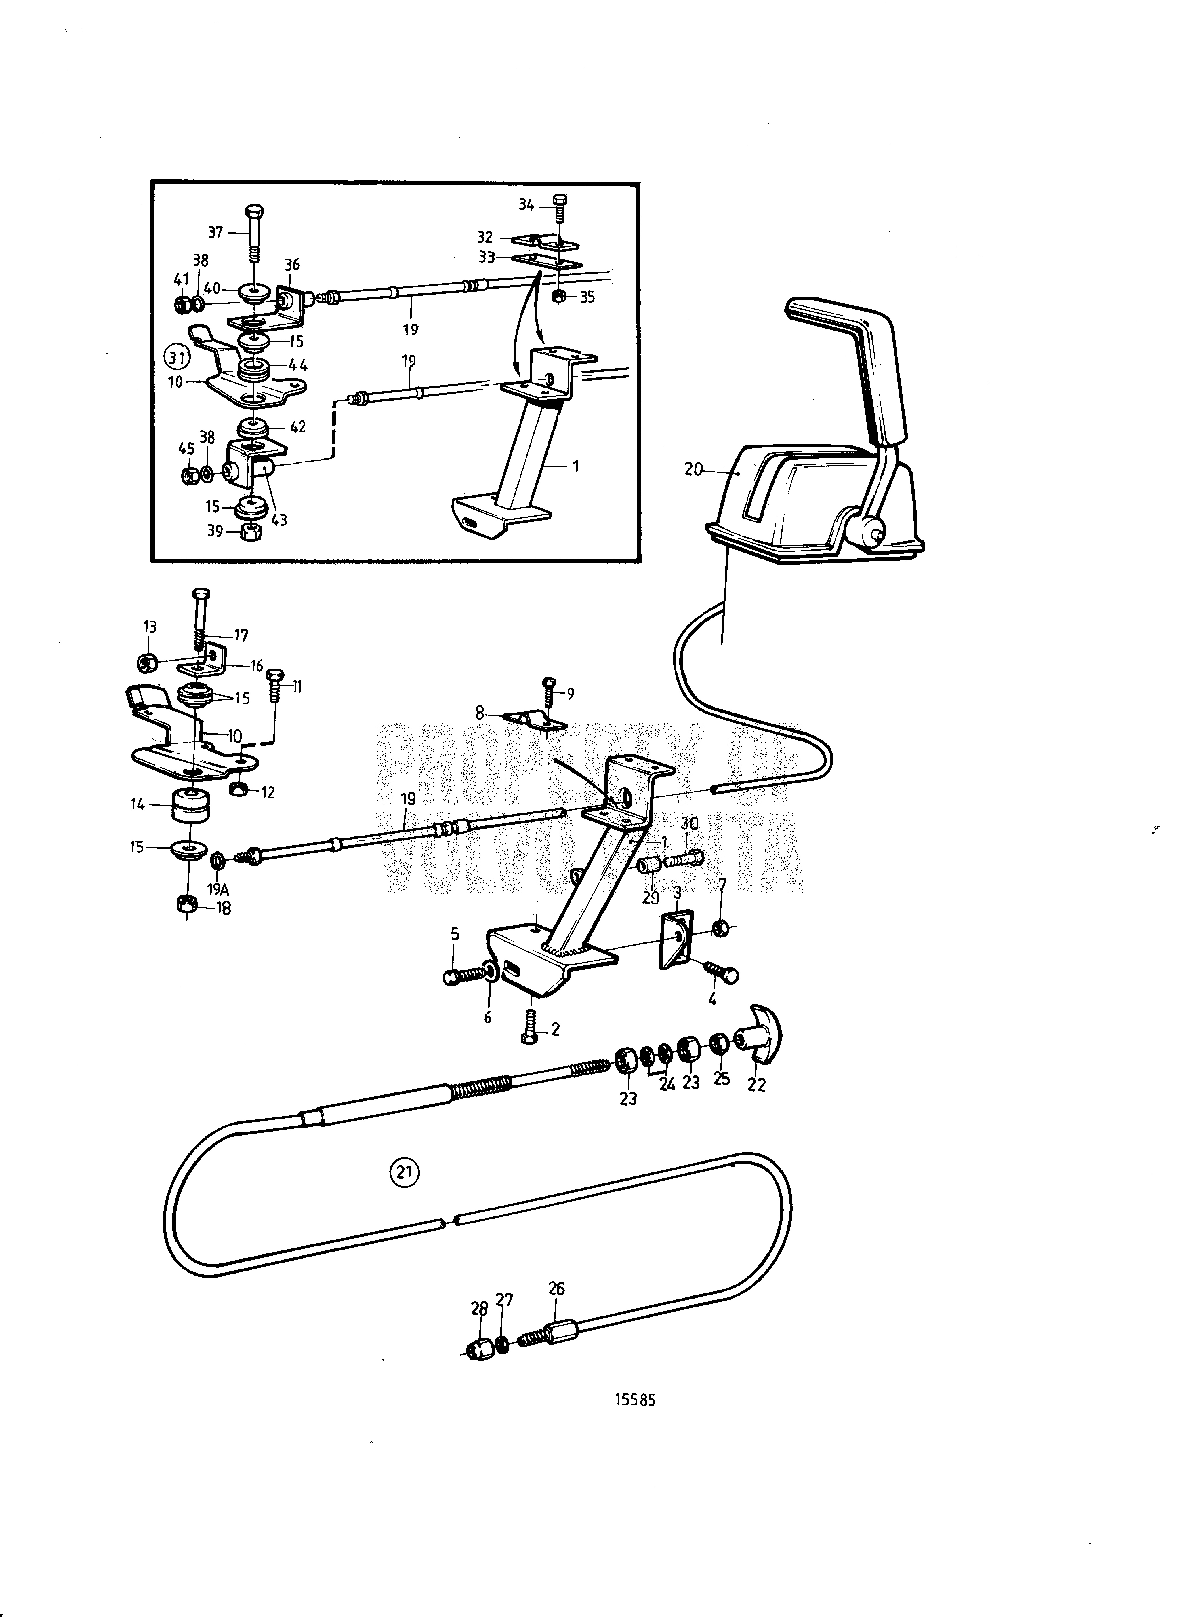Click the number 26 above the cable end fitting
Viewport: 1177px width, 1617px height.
pos(556,1308)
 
